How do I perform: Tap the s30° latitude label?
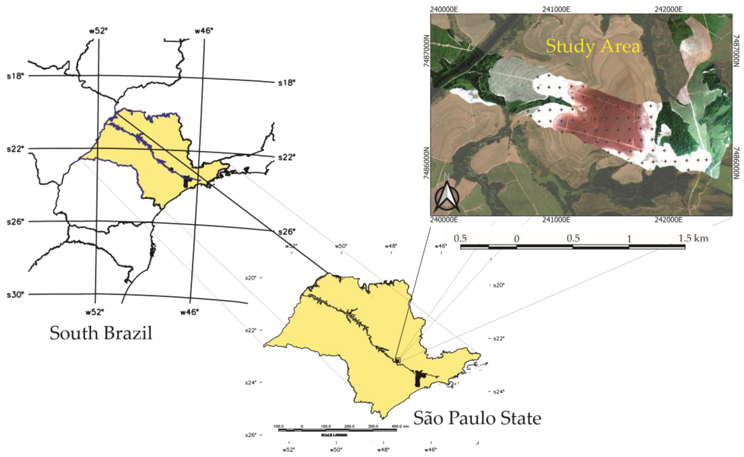(x=15, y=294)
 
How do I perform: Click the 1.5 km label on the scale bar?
(x=693, y=239)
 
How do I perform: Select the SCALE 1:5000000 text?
(x=334, y=435)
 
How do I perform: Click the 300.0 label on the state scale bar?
(x=373, y=426)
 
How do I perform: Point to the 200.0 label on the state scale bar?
(x=349, y=426)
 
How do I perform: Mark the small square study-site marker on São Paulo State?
(x=397, y=360)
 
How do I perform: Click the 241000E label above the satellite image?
(x=556, y=9)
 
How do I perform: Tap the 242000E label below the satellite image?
(x=668, y=220)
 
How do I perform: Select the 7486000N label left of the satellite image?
(x=427, y=163)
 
